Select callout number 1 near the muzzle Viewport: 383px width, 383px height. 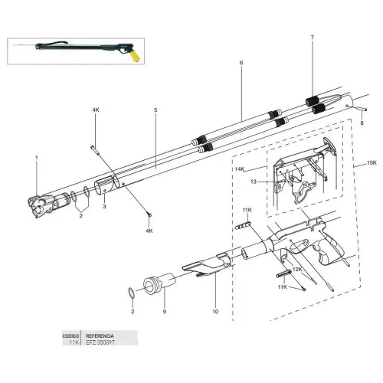point(35,159)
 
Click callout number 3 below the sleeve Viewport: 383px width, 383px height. point(106,206)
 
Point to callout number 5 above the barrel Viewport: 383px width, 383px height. point(155,110)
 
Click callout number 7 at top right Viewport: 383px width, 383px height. point(312,38)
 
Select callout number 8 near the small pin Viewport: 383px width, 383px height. point(362,123)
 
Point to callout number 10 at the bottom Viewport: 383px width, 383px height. point(214,313)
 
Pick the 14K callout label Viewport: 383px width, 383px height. point(239,169)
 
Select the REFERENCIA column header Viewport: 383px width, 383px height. point(100,336)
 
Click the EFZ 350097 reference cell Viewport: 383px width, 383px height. point(101,344)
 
